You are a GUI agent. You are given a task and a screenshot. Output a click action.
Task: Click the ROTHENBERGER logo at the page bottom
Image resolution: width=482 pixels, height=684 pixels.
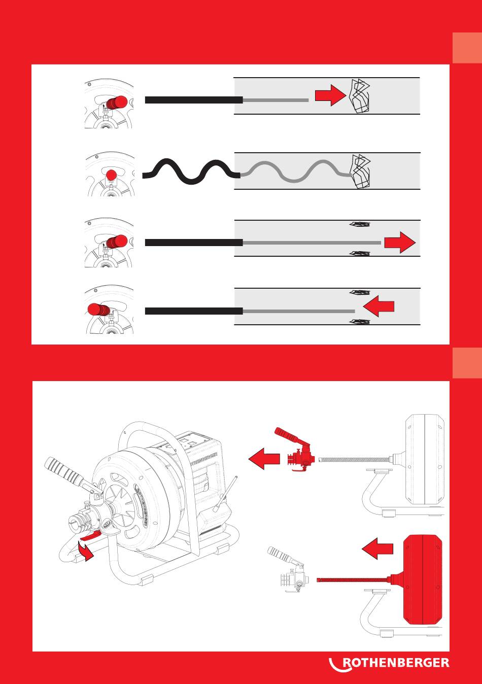pyautogui.click(x=390, y=663)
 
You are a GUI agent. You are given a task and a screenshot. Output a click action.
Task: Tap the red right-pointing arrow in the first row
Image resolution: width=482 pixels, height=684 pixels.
pyautogui.click(x=330, y=95)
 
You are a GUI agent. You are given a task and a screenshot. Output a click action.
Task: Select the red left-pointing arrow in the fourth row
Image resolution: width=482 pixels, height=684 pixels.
pyautogui.click(x=378, y=307)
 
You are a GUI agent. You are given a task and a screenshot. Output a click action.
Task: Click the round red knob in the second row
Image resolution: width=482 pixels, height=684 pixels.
pyautogui.click(x=111, y=176)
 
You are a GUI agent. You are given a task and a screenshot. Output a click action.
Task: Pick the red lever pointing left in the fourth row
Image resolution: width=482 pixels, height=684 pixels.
pyautogui.click(x=97, y=310)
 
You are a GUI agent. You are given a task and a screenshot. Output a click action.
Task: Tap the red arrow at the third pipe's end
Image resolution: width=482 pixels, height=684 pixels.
pyautogui.click(x=400, y=242)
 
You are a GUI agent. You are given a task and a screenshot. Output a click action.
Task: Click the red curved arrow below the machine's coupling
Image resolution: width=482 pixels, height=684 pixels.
pyautogui.click(x=88, y=552)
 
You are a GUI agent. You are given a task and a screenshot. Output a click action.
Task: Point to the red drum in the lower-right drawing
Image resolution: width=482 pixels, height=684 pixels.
pyautogui.click(x=423, y=579)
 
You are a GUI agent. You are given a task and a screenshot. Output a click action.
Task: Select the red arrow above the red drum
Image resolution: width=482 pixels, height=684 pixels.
pyautogui.click(x=377, y=549)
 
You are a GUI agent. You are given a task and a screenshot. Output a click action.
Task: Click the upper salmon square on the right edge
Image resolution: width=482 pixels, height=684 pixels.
pyautogui.click(x=467, y=48)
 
